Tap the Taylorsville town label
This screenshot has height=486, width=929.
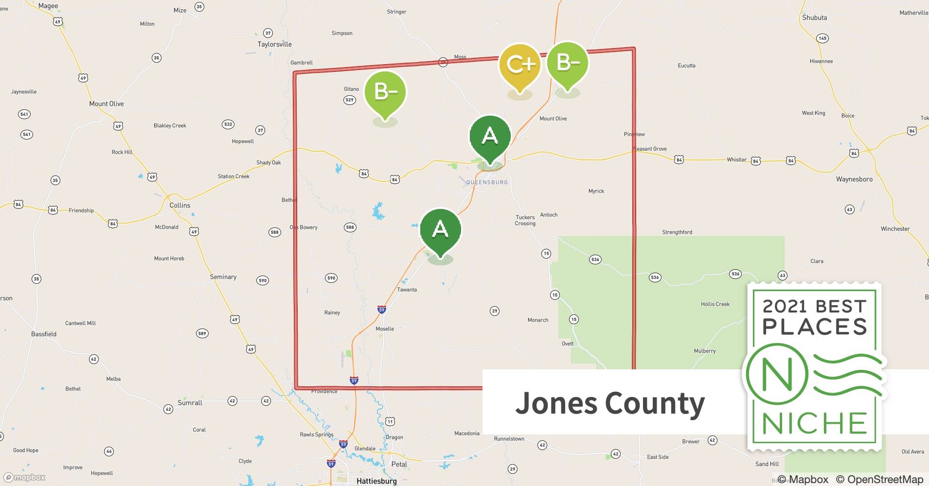(274, 44)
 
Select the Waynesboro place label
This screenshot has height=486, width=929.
(854, 179)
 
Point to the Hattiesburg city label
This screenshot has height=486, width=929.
(376, 481)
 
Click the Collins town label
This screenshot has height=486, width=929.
(180, 205)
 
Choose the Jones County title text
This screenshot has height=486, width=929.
(610, 403)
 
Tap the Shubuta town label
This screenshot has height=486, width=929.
(814, 17)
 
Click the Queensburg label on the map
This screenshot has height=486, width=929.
(487, 182)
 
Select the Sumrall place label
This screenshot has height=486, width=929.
(190, 403)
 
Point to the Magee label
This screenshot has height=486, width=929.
(48, 6)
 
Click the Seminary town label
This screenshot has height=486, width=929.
(223, 277)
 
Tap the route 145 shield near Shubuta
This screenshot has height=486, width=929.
(822, 38)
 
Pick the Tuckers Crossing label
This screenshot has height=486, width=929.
(525, 221)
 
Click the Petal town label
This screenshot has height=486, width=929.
(399, 464)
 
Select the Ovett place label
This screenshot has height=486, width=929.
(567, 344)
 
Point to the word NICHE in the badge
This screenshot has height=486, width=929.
(814, 423)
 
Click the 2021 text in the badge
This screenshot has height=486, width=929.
(785, 306)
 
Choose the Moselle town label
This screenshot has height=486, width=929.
(385, 329)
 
